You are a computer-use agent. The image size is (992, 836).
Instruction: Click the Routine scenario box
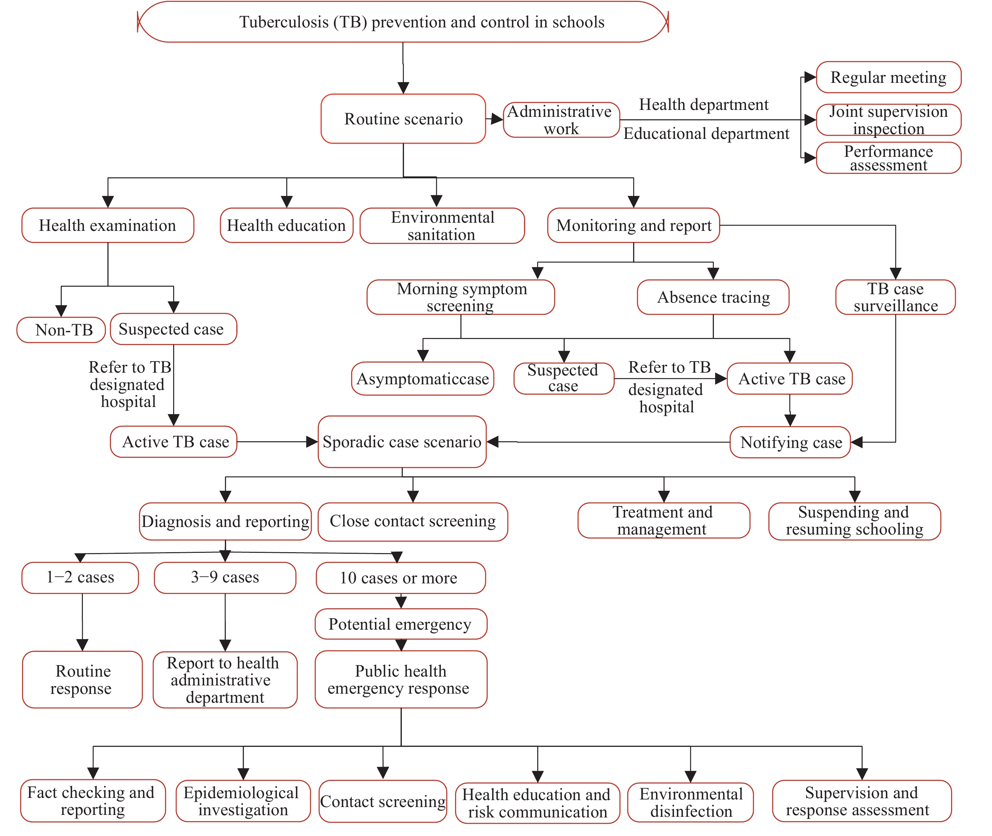(x=403, y=118)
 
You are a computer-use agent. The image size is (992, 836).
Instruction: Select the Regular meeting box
(x=888, y=77)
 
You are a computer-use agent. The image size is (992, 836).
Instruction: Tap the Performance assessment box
(x=888, y=158)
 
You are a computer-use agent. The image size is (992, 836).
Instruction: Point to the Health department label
(x=704, y=104)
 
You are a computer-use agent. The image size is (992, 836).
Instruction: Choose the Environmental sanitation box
(x=442, y=226)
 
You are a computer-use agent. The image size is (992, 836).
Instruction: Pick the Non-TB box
(x=61, y=330)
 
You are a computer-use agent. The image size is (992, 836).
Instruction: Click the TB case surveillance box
(x=895, y=297)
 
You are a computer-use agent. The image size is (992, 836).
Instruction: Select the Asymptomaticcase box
(x=423, y=379)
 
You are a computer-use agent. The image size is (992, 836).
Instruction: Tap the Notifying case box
(x=790, y=442)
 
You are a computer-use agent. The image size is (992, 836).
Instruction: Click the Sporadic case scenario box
(x=402, y=442)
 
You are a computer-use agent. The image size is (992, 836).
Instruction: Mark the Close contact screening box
(x=413, y=522)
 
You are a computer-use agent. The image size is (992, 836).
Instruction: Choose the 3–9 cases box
(x=225, y=578)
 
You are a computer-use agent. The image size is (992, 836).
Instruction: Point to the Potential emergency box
(x=401, y=624)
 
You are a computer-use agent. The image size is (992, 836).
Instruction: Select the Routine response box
(x=83, y=680)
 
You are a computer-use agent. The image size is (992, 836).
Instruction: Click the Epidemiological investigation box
(x=243, y=801)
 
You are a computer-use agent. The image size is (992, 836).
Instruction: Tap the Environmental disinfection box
(x=690, y=802)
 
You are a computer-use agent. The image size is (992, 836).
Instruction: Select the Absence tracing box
(x=713, y=297)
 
